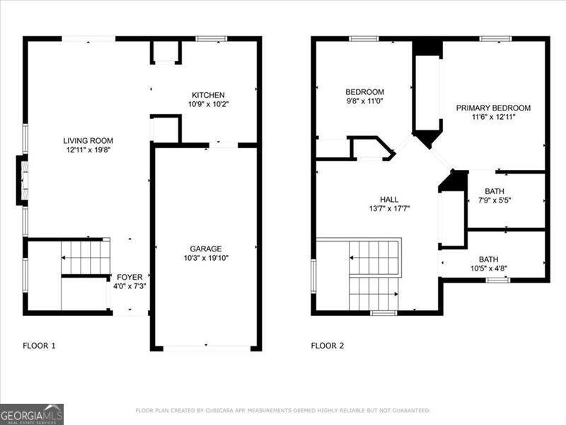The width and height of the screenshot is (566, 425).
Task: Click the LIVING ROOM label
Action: coord(88,140)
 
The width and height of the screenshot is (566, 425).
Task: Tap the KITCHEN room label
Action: coord(208,95)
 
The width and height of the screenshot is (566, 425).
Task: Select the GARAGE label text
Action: coord(205,249)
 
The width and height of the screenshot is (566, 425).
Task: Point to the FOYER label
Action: coord(129,277)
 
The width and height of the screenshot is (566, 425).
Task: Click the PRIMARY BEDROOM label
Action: coord(492,108)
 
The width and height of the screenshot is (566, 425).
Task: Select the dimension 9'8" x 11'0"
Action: coord(364,101)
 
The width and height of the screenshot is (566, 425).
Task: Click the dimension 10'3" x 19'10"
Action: coord(205,258)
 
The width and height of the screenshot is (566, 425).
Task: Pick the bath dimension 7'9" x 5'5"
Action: coord(495,200)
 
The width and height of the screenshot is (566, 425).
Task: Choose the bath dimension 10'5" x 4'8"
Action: coord(488,268)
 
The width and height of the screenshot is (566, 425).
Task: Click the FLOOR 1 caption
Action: coord(39,346)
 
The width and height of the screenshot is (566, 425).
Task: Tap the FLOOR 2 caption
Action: coord(328,346)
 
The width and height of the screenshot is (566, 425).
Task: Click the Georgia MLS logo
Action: coord(32,414)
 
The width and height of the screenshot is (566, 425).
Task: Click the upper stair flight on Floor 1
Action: coord(86,256)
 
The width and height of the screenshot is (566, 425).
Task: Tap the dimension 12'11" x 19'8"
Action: coord(88,149)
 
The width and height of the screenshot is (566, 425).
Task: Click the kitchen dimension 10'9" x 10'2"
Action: coord(208,104)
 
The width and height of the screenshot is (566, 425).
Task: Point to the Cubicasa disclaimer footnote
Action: coord(282,410)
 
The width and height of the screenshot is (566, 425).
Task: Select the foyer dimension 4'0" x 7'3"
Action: coord(129,286)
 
